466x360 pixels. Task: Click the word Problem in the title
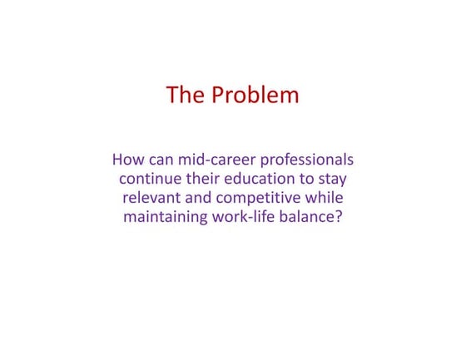(x=255, y=96)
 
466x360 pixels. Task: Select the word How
(x=128, y=160)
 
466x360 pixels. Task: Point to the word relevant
(x=152, y=198)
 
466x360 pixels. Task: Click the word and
(x=200, y=198)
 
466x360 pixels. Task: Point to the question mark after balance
(x=339, y=218)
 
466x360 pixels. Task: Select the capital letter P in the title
(x=217, y=96)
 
